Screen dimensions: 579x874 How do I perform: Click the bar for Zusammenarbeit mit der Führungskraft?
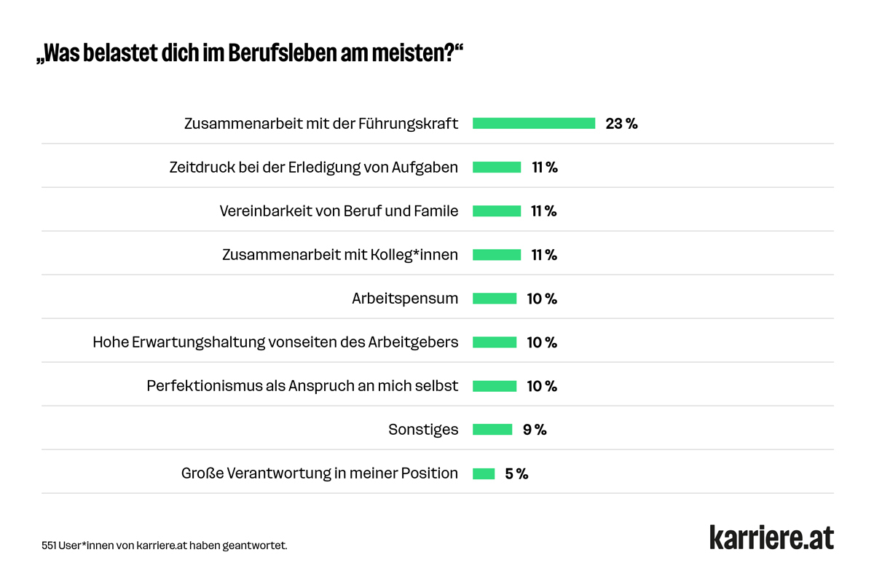[534, 124]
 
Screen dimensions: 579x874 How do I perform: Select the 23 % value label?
[621, 124]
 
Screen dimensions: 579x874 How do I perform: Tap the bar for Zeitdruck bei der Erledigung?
[497, 168]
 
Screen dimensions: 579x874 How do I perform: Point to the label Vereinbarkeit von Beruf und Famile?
[339, 211]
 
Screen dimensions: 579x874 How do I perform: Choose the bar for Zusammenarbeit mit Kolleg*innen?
[497, 255]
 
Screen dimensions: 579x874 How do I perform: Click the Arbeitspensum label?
[405, 299]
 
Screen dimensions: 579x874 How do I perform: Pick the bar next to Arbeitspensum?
[495, 299]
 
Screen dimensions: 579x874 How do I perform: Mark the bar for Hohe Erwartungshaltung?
[495, 342]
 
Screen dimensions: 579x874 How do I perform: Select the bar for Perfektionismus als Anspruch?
[495, 386]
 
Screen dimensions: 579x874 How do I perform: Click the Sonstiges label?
[423, 430]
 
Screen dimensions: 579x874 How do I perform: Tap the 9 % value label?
[535, 430]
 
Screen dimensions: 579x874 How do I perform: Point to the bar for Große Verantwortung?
[484, 473]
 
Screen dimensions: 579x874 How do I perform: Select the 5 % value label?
[516, 473]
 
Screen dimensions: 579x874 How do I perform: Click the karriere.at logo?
[771, 537]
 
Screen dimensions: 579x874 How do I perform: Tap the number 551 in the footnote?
[50, 545]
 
